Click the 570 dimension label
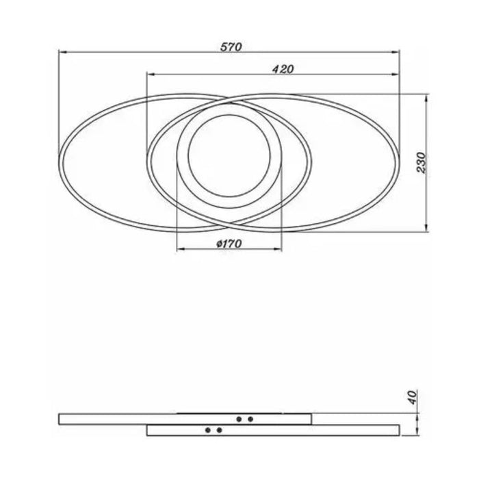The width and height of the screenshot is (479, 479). click(231, 47)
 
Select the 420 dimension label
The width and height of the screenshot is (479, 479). click(283, 69)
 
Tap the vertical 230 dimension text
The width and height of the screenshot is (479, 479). click(422, 163)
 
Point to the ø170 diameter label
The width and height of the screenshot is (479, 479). click(229, 244)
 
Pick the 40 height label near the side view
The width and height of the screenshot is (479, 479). click(413, 397)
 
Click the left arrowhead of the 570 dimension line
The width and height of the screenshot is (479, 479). click(62, 53)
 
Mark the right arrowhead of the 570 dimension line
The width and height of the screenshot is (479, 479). click(396, 53)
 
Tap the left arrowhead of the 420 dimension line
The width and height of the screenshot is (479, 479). click(151, 74)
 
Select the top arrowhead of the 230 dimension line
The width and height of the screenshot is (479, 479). click(427, 99)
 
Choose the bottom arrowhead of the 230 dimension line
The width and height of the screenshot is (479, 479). click(427, 228)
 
